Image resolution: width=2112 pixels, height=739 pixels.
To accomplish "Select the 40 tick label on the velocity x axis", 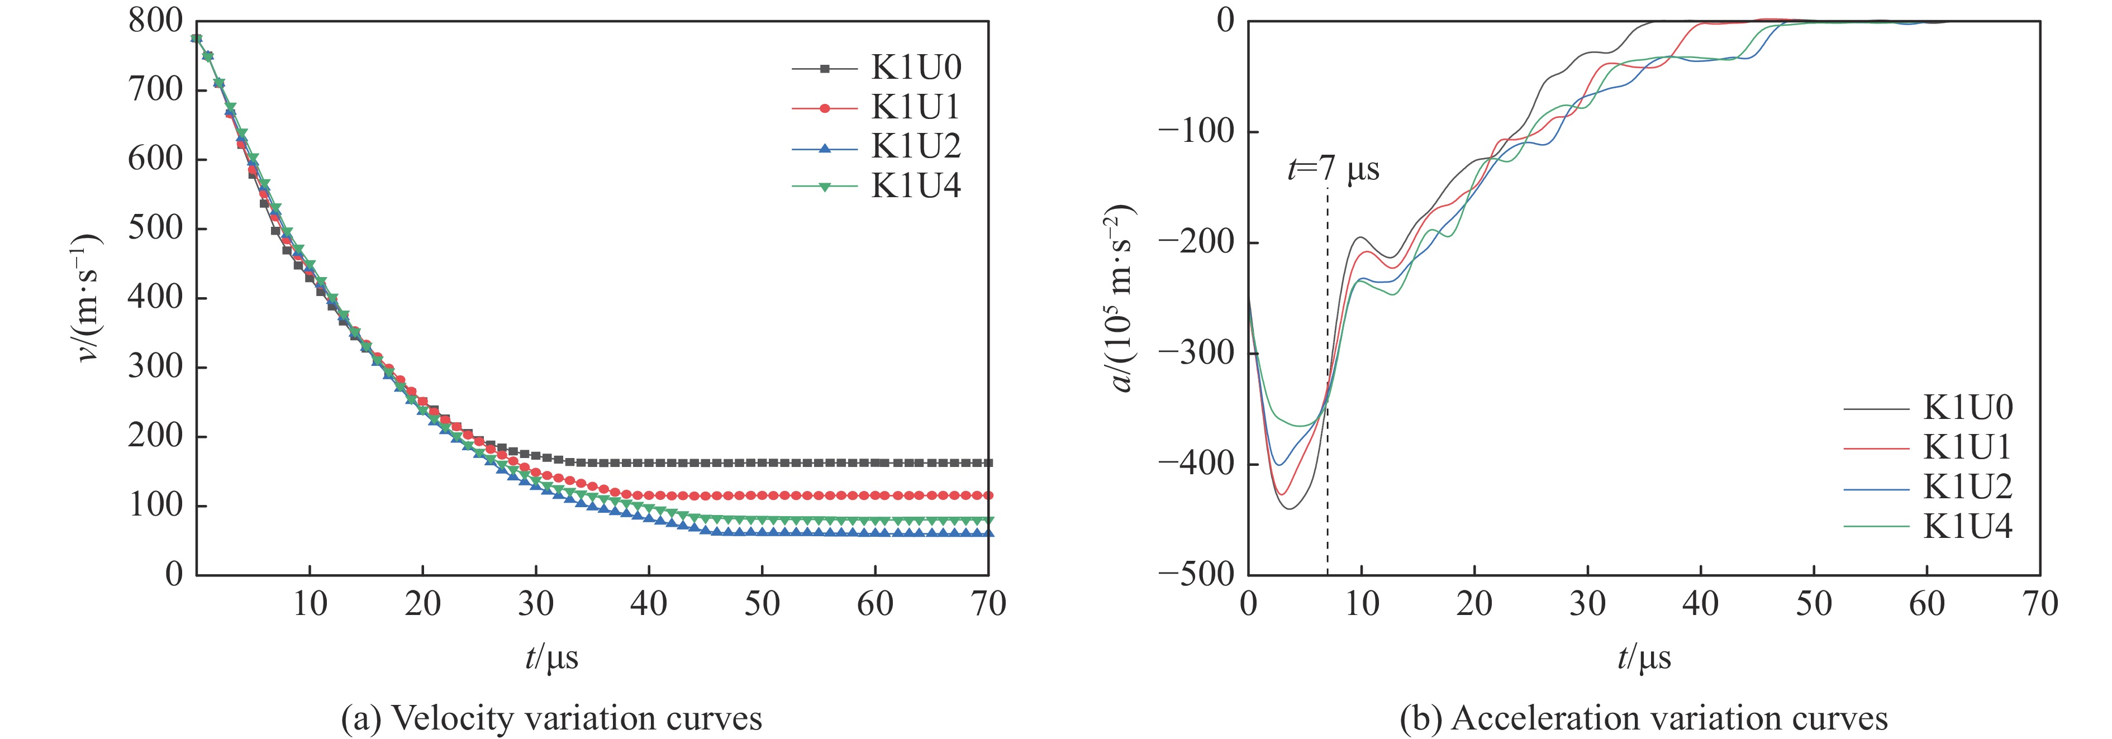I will tap(649, 604).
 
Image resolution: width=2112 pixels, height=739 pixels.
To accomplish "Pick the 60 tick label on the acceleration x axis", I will tap(1927, 604).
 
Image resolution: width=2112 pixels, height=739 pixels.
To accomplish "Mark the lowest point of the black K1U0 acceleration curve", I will tap(1289, 509).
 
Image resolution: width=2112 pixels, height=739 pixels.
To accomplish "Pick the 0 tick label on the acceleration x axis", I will tap(1248, 604).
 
